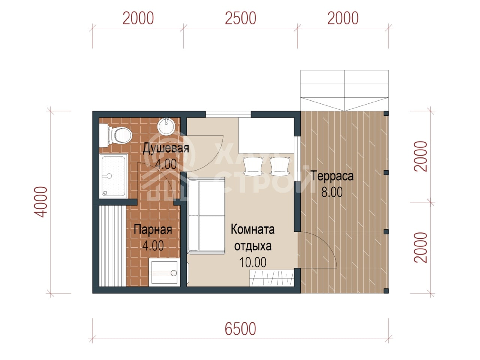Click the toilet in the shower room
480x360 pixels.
click(115, 135)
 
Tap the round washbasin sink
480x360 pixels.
click(166, 126)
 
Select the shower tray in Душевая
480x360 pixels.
click(113, 176)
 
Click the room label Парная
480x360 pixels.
click(153, 230)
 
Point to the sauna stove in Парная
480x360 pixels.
click(165, 272)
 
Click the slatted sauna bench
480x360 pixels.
click(112, 246)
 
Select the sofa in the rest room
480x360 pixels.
click(206, 216)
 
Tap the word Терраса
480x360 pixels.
click(332, 176)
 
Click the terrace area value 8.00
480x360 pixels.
click(332, 192)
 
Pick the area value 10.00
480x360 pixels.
click(253, 262)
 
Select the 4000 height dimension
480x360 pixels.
click(41, 202)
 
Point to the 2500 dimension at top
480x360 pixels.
click(240, 18)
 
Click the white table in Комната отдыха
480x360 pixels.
click(266, 135)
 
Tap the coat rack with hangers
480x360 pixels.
click(272, 278)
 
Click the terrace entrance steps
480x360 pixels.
click(344, 90)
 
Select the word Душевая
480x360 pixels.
click(166, 148)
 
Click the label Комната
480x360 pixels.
click(253, 229)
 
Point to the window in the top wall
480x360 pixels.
click(228, 114)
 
